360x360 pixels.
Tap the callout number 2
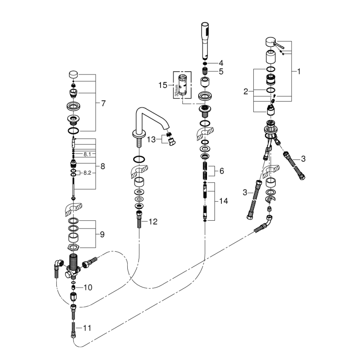(246, 91)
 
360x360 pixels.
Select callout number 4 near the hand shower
(221, 63)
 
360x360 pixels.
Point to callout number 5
(221, 71)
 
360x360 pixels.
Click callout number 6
(221, 170)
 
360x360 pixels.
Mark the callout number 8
(103, 166)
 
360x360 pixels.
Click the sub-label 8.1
(87, 154)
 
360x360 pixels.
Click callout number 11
(87, 328)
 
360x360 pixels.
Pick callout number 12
(153, 222)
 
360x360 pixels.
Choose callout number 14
(224, 201)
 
